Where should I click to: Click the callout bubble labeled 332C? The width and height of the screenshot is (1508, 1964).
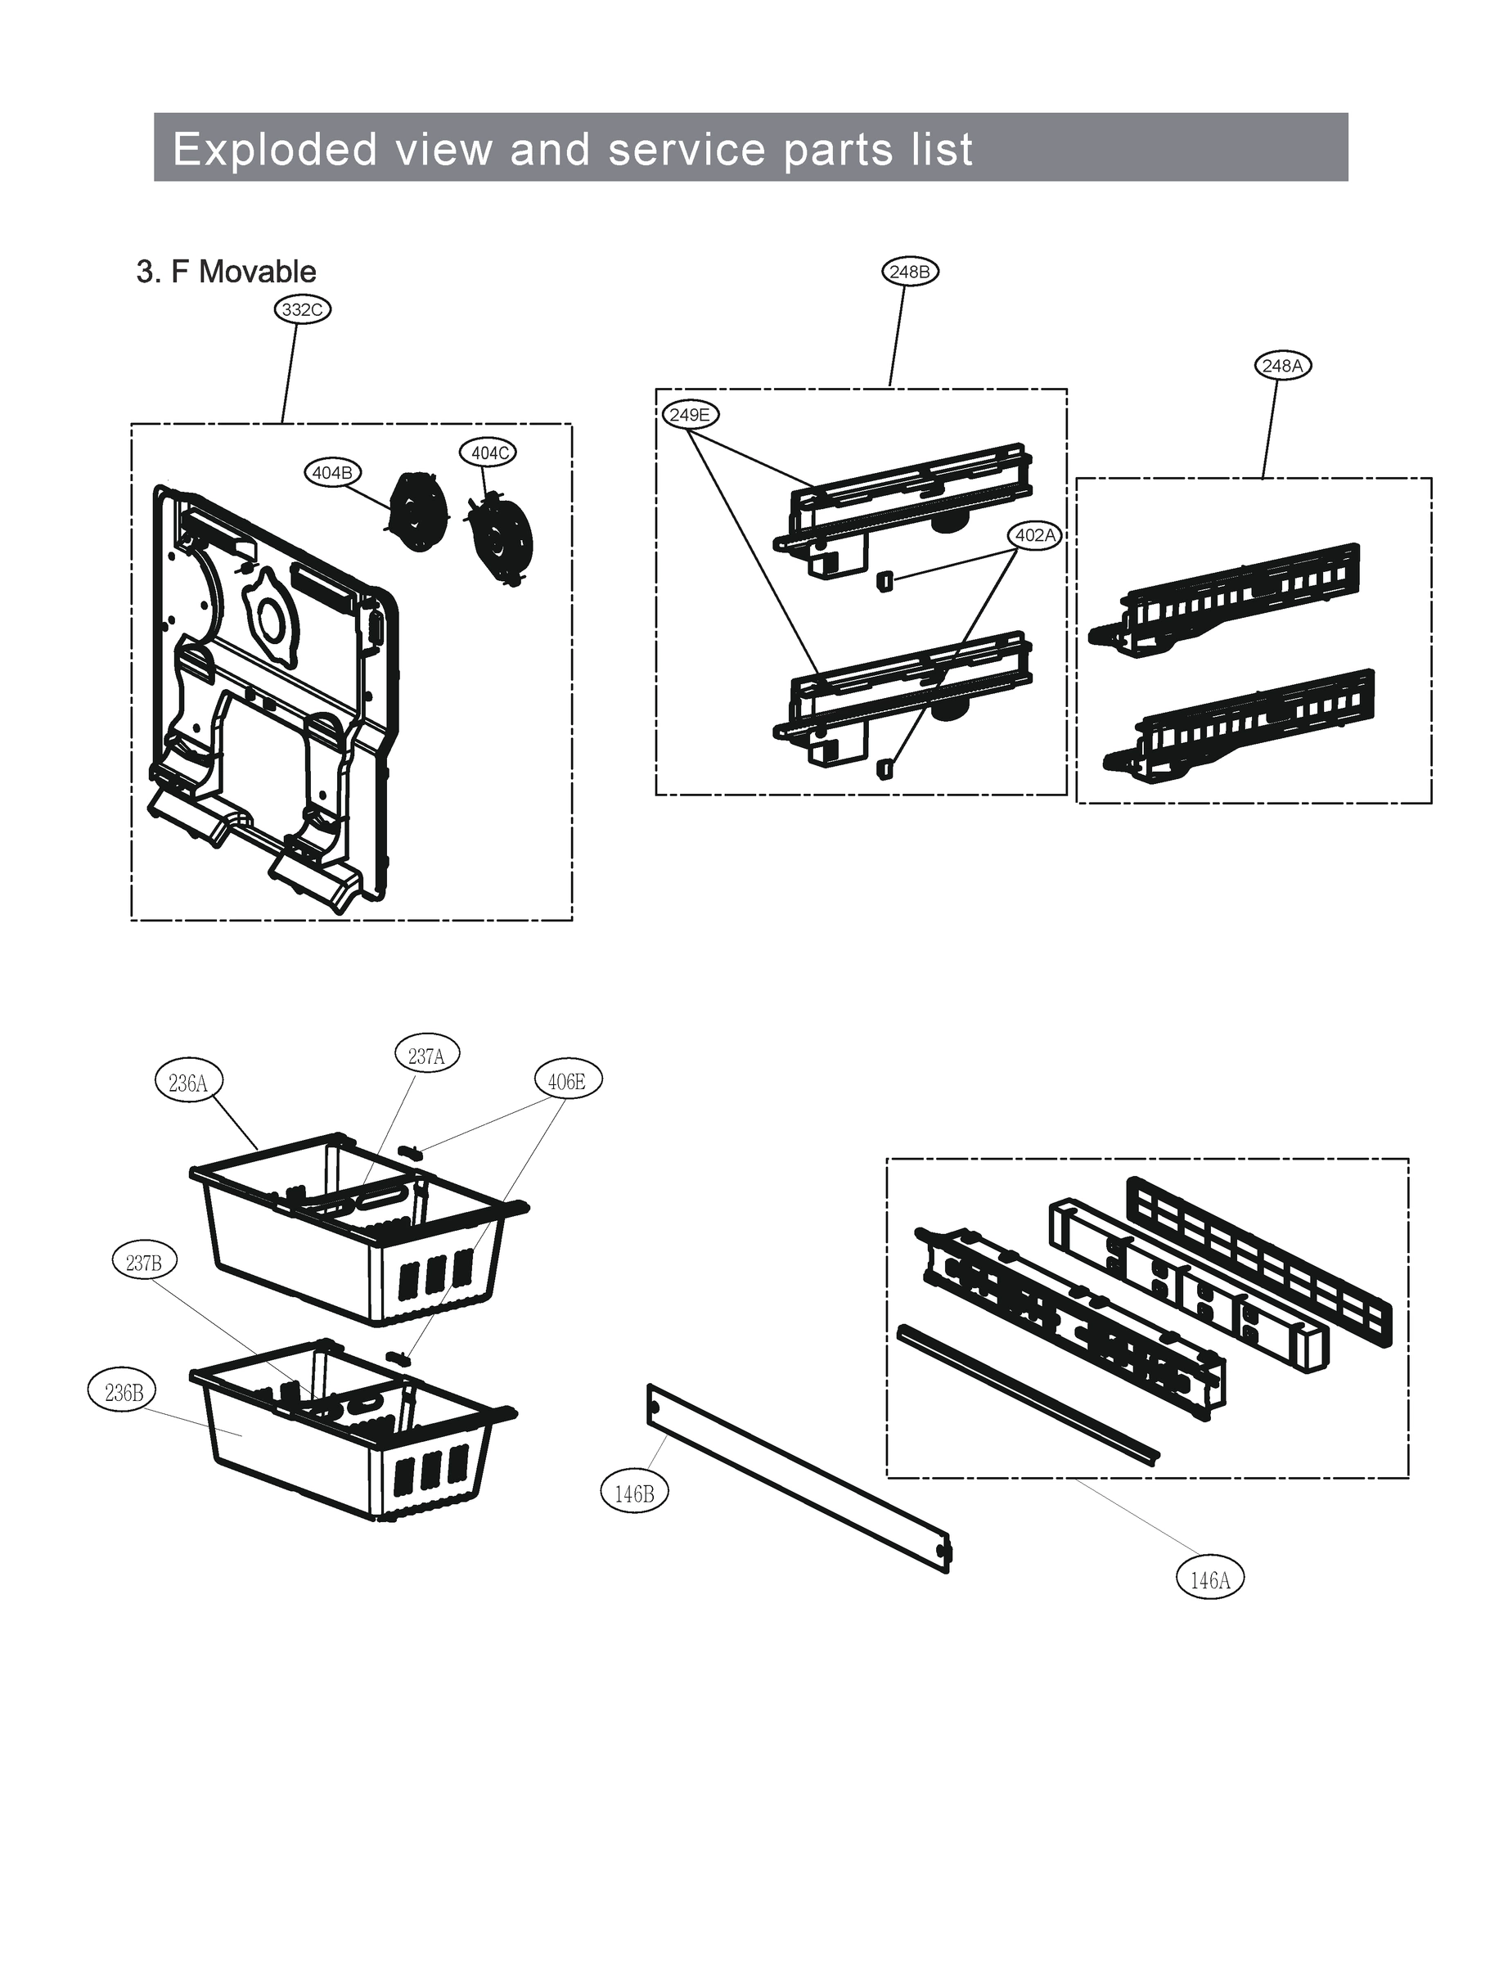pyautogui.click(x=303, y=309)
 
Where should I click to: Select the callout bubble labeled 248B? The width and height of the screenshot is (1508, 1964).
pyautogui.click(x=910, y=271)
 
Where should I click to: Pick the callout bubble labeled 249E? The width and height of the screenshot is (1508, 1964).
pyautogui.click(x=691, y=415)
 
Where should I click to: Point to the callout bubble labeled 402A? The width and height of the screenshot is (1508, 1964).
pyautogui.click(x=1035, y=535)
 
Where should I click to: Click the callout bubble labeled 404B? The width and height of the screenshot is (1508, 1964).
pyautogui.click(x=332, y=472)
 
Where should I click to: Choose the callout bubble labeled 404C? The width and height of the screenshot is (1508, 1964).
pyautogui.click(x=490, y=453)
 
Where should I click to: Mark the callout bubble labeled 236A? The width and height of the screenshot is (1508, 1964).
pyautogui.click(x=188, y=1083)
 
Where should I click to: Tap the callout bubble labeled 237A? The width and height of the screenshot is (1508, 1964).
pyautogui.click(x=426, y=1056)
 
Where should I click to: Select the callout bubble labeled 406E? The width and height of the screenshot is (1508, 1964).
pyautogui.click(x=567, y=1082)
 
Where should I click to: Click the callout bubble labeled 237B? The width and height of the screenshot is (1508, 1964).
pyautogui.click(x=144, y=1263)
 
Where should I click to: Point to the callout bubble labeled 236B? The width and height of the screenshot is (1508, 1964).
pyautogui.click(x=123, y=1392)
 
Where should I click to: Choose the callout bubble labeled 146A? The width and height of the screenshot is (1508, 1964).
pyautogui.click(x=1209, y=1581)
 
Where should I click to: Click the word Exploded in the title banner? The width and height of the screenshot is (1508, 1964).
pyautogui.click(x=275, y=149)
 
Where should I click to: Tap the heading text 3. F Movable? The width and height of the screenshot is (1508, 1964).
pyautogui.click(x=226, y=272)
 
